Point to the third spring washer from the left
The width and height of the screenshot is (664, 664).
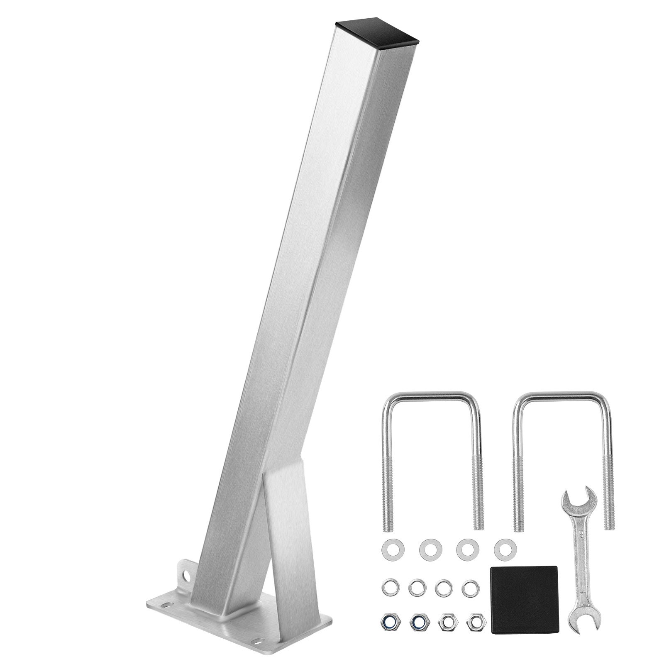pyautogui.click(x=443, y=586)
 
